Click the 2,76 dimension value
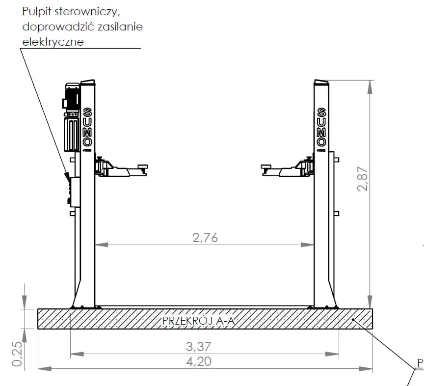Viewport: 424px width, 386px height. tap(205, 238)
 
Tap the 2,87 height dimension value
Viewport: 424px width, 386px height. tap(362, 179)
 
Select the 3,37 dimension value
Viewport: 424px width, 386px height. tap(198, 347)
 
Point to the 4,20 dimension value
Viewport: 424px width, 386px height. tap(199, 361)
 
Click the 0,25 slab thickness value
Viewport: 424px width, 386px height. tap(17, 354)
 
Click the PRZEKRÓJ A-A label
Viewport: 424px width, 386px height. tap(198, 321)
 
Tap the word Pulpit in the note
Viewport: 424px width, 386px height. tap(37, 12)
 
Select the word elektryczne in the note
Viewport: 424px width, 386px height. tap(53, 42)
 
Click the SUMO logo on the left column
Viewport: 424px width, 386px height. tap(87, 127)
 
